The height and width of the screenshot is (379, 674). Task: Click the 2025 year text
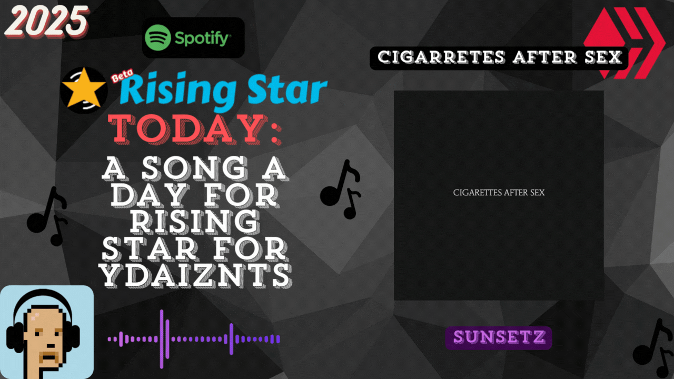point(47,22)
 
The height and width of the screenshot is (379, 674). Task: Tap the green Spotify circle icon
point(157,37)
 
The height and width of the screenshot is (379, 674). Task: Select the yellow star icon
point(84,88)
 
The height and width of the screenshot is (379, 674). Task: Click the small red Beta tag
point(122,75)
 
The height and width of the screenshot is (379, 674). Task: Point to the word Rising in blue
point(178,89)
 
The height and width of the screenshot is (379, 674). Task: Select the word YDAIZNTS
point(195,275)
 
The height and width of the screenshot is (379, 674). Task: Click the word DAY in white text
point(150,195)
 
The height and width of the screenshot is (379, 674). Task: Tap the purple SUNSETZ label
point(499,337)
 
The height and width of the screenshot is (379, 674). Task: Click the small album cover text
point(499,193)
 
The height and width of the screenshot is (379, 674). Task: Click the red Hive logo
point(625,43)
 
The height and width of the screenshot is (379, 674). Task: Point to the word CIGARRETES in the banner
point(441,57)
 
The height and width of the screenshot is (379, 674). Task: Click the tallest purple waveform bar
point(162,339)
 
